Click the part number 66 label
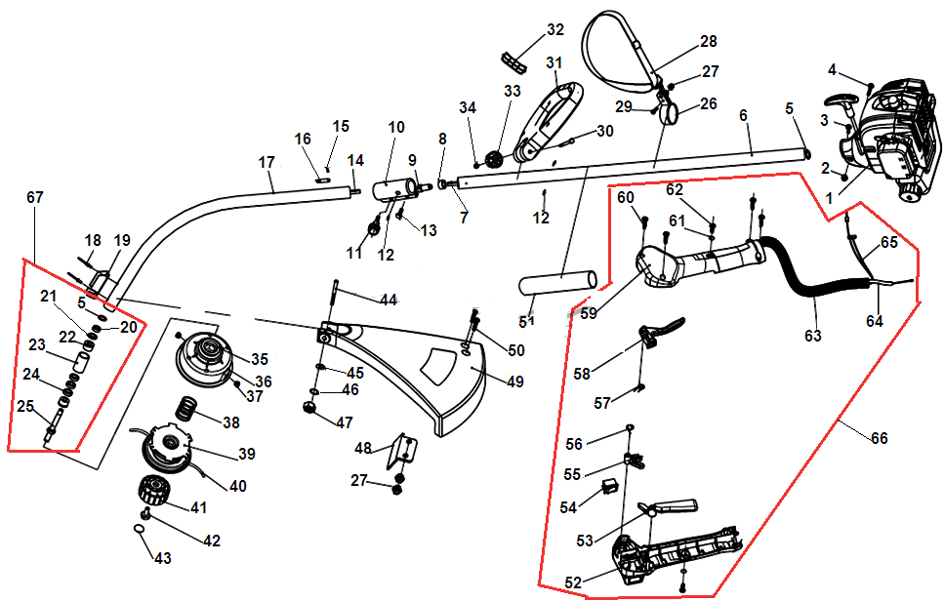tap(879, 439)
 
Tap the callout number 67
tap(35, 197)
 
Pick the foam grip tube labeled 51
tap(556, 282)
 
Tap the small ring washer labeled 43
tap(140, 529)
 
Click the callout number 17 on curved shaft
tap(267, 162)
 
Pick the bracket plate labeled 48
tap(401, 451)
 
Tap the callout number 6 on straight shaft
tap(744, 115)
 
